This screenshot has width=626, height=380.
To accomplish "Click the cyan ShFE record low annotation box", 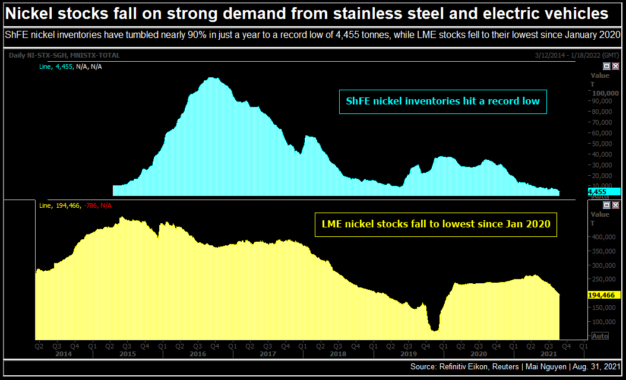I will pos(442,101).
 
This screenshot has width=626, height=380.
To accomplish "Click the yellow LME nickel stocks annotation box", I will pos(436,224).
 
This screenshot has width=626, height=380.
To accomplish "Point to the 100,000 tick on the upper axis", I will pos(605,93).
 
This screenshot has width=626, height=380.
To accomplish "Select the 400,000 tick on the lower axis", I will pos(605,237).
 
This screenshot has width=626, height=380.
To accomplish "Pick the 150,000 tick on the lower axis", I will pos(605,308).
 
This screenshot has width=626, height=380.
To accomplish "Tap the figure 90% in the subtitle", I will pos(196,35).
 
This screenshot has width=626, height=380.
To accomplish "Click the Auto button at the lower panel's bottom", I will pos(600,336).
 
